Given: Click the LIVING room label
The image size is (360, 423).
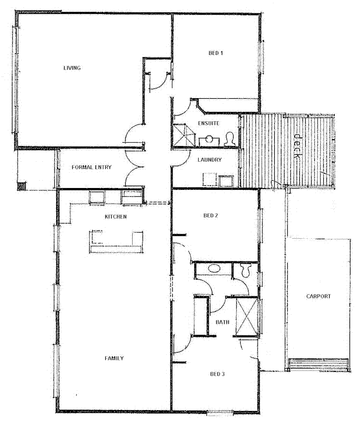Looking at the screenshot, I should click(72, 68).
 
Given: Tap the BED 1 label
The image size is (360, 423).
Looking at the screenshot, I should click(216, 53).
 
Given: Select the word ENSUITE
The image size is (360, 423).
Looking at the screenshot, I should click(209, 123).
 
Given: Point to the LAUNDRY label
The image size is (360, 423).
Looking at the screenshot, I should click(209, 160).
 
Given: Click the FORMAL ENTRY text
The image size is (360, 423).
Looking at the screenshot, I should click(92, 167).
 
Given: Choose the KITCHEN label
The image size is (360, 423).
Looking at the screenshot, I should click(116, 216).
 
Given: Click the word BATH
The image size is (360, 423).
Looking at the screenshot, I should click(223, 322).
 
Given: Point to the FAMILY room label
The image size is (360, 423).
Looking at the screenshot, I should click(114, 358).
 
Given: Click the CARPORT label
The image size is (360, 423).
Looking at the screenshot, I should click(318, 296).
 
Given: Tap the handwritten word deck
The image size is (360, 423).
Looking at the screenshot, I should click(297, 147).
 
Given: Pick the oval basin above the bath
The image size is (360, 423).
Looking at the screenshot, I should click(214, 268).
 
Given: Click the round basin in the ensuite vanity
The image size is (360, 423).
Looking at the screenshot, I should click(209, 139).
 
